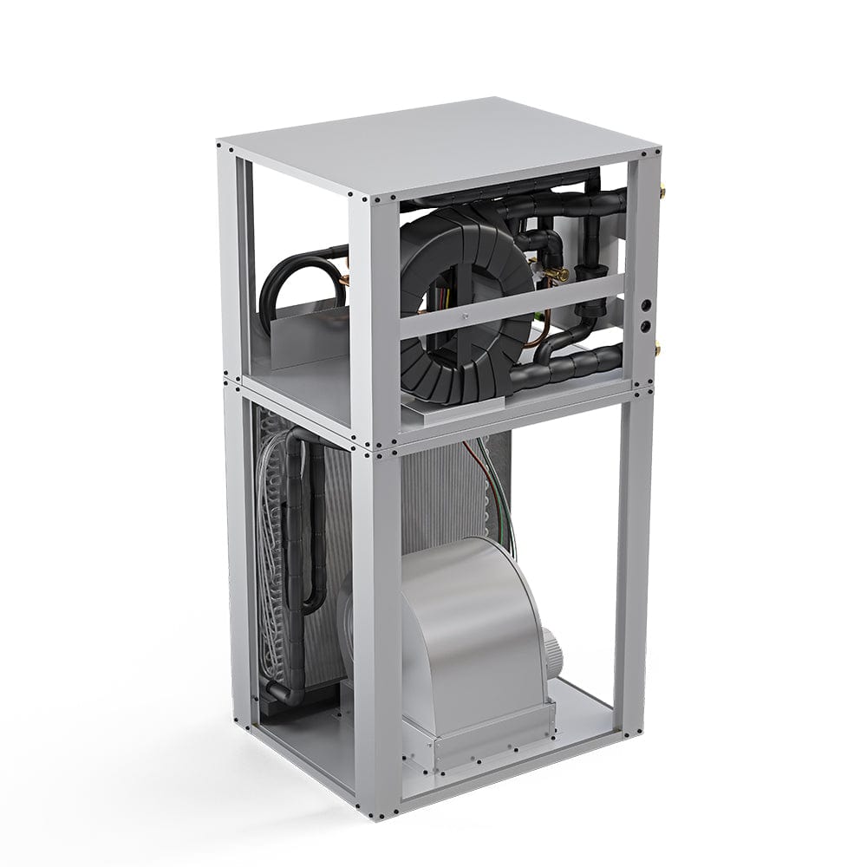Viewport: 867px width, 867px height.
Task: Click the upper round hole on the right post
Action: (x=645, y=306)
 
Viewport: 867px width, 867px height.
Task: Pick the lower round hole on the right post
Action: (x=645, y=327)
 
